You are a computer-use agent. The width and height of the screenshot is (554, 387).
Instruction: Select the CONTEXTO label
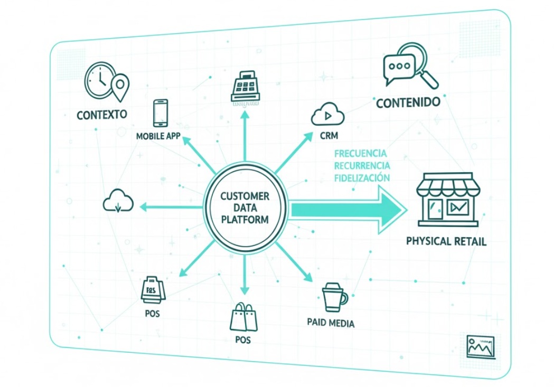click(102, 115)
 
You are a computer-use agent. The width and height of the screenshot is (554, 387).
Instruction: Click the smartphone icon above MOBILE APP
click(161, 112)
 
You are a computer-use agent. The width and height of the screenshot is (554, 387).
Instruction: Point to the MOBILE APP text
click(158, 136)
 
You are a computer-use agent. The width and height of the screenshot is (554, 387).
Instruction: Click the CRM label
click(328, 136)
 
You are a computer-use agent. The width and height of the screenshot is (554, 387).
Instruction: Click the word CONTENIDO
click(408, 102)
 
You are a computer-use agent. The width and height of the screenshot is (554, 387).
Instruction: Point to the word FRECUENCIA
click(360, 154)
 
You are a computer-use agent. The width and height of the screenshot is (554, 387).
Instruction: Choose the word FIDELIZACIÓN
click(362, 177)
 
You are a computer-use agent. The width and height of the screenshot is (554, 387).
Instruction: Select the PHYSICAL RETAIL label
click(446, 242)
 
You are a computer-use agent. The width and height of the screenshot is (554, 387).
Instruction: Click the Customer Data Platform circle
click(245, 207)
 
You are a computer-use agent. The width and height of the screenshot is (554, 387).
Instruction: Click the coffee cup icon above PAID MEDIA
click(334, 298)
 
